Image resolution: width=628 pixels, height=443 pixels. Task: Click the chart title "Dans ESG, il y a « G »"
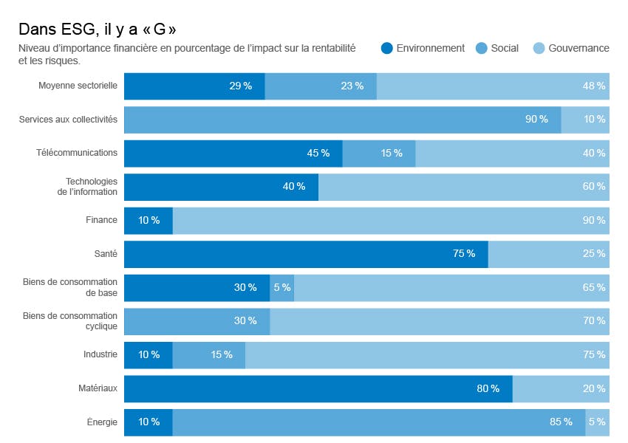[97, 29]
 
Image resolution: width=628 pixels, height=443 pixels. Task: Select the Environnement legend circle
[386, 49]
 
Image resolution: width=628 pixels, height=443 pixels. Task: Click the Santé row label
[106, 254]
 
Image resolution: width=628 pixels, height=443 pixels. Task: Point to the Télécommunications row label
[77, 153]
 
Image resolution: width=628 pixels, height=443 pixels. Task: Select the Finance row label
[101, 220]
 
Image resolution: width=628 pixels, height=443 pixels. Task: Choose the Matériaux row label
[98, 388]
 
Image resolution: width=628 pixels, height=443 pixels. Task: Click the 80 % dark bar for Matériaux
[318, 388]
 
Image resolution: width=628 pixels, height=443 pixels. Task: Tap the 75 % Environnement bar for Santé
[306, 254]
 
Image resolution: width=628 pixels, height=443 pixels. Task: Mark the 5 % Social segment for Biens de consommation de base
[281, 287]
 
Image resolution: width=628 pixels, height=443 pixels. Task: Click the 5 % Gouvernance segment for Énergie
[597, 422]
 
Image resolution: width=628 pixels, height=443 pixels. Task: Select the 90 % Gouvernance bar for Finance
[391, 220]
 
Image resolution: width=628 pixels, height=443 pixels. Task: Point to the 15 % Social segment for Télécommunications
[379, 153]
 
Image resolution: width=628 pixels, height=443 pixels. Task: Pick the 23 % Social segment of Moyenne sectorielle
[321, 86]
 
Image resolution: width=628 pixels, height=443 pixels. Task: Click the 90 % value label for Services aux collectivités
[536, 120]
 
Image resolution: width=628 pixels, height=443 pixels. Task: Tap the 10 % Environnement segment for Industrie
[148, 354]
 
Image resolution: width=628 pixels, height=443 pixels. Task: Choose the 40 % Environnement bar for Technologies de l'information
[221, 187]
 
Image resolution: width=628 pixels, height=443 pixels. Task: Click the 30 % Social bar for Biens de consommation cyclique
[197, 321]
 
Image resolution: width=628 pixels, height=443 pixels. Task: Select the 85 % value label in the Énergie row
[561, 422]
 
